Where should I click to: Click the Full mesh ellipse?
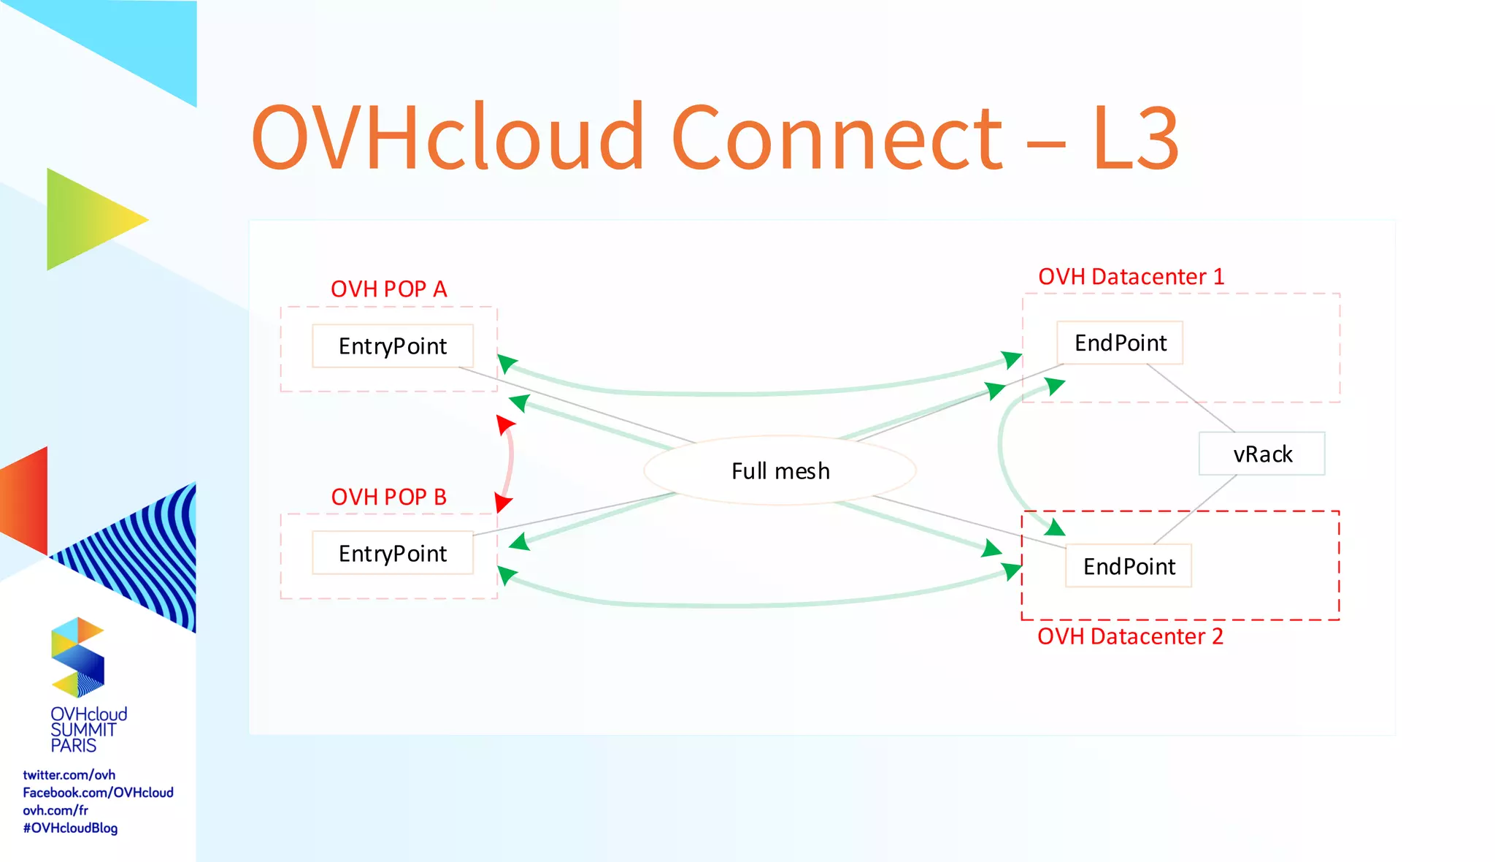coord(780,471)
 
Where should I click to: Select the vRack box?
coord(1261,454)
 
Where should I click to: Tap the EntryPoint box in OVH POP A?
coord(393,346)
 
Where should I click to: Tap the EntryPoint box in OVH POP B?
coord(393,553)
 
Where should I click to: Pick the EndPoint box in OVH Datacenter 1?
coord(1120,343)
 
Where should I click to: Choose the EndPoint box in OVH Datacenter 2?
coord(1129,566)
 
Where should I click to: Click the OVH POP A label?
coord(388,289)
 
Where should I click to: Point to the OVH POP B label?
coord(388,497)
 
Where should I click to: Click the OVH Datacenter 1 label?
coord(1131,277)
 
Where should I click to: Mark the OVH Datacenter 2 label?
coord(1130,636)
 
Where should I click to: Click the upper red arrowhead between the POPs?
coord(504,424)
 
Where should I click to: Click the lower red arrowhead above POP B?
coord(503,503)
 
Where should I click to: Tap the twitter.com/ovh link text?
coord(69,775)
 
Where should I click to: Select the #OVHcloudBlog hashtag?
coord(70,828)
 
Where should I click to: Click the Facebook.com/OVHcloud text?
coord(98,793)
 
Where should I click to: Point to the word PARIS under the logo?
coord(73,746)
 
